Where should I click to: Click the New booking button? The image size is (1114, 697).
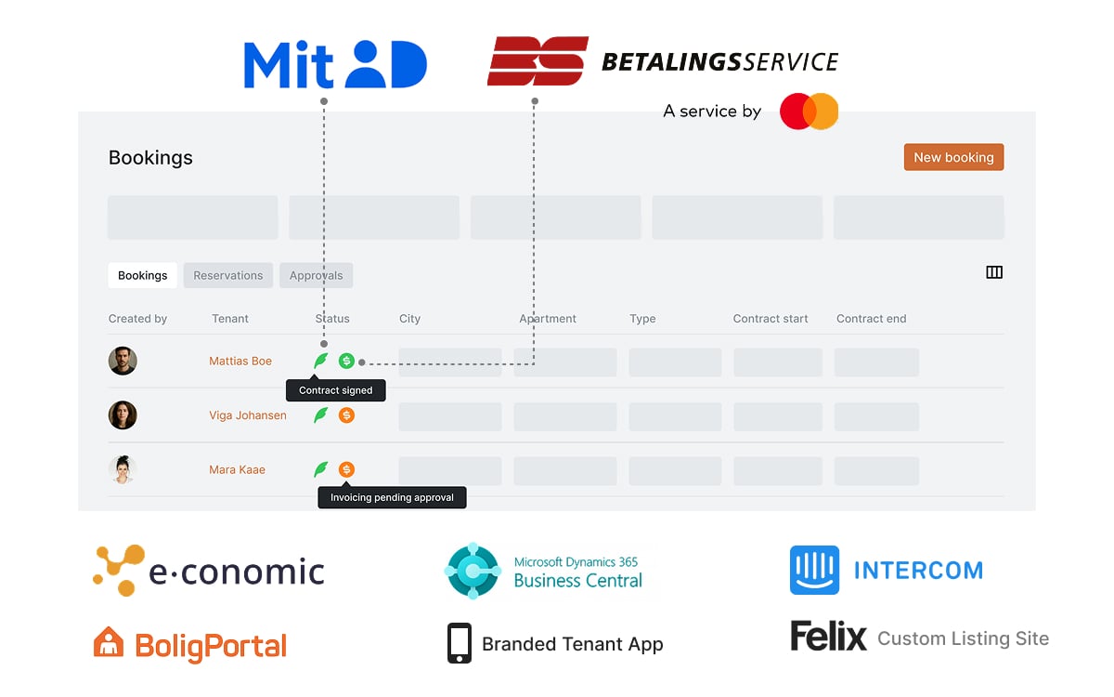click(x=953, y=157)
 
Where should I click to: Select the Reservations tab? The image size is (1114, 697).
click(x=228, y=275)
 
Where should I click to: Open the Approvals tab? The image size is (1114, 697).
click(x=316, y=275)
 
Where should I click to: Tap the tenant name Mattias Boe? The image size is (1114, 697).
click(x=240, y=361)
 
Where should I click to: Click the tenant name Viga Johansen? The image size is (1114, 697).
click(x=248, y=415)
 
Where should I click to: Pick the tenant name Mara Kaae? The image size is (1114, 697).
click(x=237, y=469)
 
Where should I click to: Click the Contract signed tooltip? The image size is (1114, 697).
click(x=335, y=390)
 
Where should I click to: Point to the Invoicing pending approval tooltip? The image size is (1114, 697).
click(x=392, y=497)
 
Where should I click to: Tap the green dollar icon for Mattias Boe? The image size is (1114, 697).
click(x=346, y=361)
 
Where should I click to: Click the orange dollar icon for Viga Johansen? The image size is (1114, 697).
click(x=346, y=415)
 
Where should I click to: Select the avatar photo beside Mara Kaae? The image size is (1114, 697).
click(x=123, y=469)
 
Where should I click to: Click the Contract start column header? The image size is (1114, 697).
click(x=771, y=319)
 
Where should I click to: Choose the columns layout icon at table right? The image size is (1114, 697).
click(x=994, y=272)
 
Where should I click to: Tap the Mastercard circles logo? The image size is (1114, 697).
click(x=809, y=112)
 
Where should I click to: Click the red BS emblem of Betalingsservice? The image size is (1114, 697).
click(x=538, y=61)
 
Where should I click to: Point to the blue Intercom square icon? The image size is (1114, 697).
click(x=814, y=570)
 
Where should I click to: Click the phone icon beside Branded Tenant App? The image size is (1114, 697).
click(x=460, y=643)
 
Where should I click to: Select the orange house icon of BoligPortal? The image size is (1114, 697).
click(x=109, y=643)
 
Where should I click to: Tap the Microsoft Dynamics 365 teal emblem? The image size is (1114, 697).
click(x=473, y=570)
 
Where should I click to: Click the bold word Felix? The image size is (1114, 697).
click(x=828, y=637)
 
